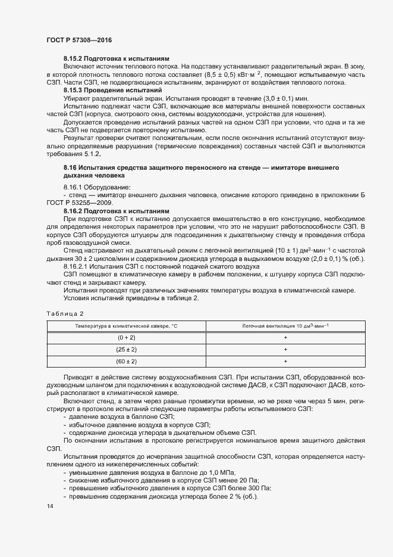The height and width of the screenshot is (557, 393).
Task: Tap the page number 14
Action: pyautogui.click(x=50, y=506)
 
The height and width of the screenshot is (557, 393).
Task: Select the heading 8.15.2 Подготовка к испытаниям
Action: pyautogui.click(x=117, y=59)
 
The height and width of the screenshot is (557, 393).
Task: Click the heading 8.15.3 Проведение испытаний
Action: pyautogui.click(x=112, y=89)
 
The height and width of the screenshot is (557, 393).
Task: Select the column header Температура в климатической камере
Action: pyautogui.click(x=126, y=326)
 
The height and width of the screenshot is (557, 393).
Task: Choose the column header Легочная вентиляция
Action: pyautogui.click(x=286, y=326)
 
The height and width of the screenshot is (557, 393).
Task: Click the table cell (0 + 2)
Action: pyautogui.click(x=126, y=337)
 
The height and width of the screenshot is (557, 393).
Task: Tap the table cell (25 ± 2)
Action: pyautogui.click(x=126, y=349)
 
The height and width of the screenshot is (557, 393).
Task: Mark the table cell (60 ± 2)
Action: pyautogui.click(x=126, y=361)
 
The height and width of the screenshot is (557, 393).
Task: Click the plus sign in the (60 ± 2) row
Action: pyautogui.click(x=286, y=361)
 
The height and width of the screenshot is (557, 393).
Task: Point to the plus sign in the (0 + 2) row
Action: pyautogui.click(x=286, y=337)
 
